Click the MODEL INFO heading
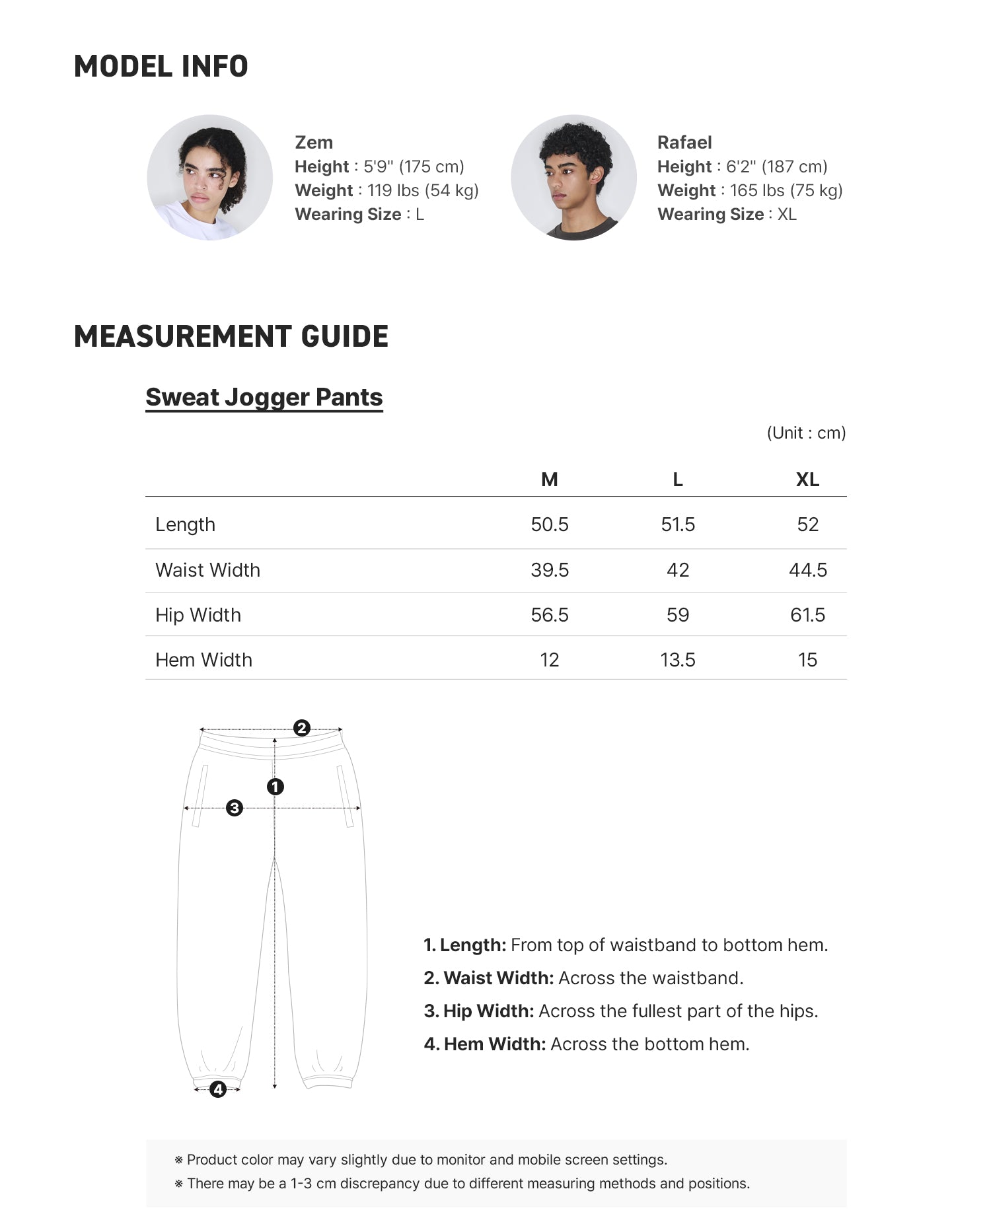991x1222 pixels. tap(161, 67)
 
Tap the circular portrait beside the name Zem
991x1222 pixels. tap(209, 178)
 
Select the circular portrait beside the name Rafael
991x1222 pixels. tap(573, 178)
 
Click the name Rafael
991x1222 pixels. tap(684, 143)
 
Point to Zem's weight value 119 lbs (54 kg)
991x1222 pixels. tap(423, 191)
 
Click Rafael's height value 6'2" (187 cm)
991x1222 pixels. tap(777, 166)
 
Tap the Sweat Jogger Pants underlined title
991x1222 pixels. tap(264, 398)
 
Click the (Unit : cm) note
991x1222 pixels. tap(806, 433)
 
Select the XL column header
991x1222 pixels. tap(807, 480)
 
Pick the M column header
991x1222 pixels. tap(549, 480)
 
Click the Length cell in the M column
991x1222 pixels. tap(549, 524)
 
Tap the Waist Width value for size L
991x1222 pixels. tap(678, 570)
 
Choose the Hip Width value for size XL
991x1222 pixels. tap(807, 615)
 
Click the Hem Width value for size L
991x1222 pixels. tap(678, 660)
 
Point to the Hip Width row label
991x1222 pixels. tap(198, 615)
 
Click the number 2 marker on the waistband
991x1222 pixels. tap(302, 728)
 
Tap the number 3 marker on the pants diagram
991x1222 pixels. tap(235, 808)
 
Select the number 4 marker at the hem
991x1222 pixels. tap(218, 1089)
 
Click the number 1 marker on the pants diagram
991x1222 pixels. tap(275, 787)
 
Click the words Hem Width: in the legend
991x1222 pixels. tap(495, 1044)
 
